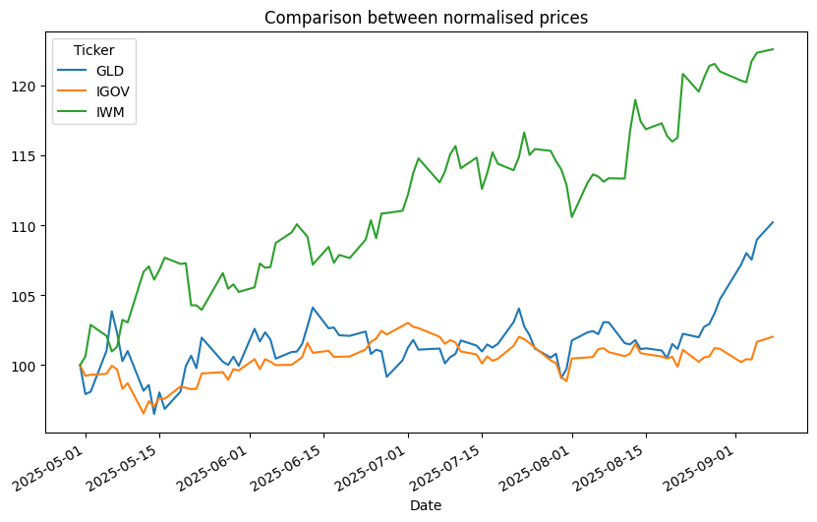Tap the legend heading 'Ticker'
pyautogui.click(x=93, y=51)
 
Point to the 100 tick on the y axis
pyautogui.click(x=27, y=366)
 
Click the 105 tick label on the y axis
pyautogui.click(x=27, y=296)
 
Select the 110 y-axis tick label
pyautogui.click(x=27, y=226)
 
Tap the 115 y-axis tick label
pyautogui.click(x=27, y=156)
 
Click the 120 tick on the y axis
pyautogui.click(x=27, y=87)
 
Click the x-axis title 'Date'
pyautogui.click(x=425, y=505)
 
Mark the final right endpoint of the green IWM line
pyautogui.click(x=773, y=49)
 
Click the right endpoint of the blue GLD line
pyautogui.click(x=773, y=222)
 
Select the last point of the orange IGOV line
pyautogui.click(x=773, y=337)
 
